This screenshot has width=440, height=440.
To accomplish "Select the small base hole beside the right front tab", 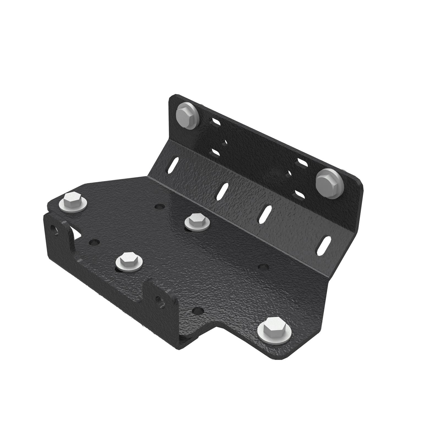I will pyautogui.click(x=197, y=311).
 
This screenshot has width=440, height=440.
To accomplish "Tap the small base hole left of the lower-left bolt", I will pyautogui.click(x=94, y=243).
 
